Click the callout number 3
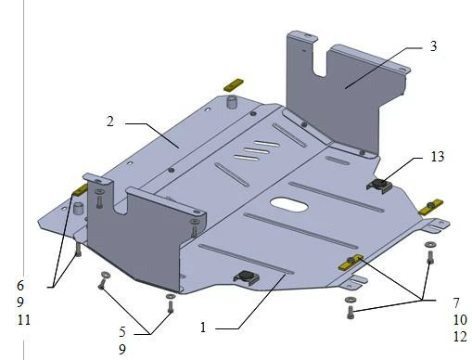point(433,46)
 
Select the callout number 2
point(110,122)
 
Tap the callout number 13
point(438,157)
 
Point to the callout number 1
point(203,328)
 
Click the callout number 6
point(20,285)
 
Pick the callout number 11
point(24,319)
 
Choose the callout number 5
point(122,332)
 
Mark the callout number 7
point(456,303)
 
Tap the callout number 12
point(460,336)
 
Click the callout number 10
point(460,319)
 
